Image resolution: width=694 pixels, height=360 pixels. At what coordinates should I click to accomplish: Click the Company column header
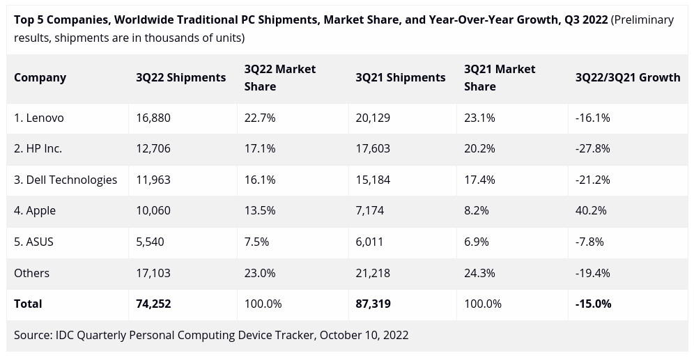[x=40, y=77]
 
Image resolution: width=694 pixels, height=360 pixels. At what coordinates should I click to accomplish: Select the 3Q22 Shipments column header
[x=180, y=77]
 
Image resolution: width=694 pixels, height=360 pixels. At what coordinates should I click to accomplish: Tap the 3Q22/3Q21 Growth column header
[x=627, y=77]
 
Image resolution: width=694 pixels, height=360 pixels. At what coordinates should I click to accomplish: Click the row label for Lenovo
[x=39, y=118]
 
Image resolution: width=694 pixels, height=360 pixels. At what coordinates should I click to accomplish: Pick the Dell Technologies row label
[x=65, y=180]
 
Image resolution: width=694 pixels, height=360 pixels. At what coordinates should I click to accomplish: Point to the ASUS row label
[x=33, y=242]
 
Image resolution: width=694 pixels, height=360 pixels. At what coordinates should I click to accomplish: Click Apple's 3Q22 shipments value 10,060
[x=153, y=210]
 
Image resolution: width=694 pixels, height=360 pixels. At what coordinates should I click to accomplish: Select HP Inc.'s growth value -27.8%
[x=592, y=148]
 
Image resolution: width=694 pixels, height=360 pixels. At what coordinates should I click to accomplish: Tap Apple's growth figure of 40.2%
[x=591, y=210]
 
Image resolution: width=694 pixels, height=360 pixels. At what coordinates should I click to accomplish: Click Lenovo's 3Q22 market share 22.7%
[x=260, y=118]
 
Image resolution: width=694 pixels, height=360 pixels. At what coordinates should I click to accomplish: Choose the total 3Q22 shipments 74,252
[x=153, y=304]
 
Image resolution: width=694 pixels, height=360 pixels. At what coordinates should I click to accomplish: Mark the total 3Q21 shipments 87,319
[x=373, y=304]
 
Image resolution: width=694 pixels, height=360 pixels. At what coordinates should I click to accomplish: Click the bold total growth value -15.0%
[x=593, y=304]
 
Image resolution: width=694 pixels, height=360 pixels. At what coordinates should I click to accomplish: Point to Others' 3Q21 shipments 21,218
[x=373, y=273]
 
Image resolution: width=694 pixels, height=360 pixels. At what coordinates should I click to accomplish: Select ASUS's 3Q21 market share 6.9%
[x=477, y=242]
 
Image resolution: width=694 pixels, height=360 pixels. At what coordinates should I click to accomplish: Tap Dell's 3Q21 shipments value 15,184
[x=373, y=180]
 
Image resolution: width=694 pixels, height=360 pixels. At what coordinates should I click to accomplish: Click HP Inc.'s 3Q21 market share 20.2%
[x=479, y=148]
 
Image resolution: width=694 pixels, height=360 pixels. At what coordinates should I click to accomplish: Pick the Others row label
[x=31, y=273]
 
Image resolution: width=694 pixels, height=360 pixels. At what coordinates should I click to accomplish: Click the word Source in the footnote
[x=32, y=335]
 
